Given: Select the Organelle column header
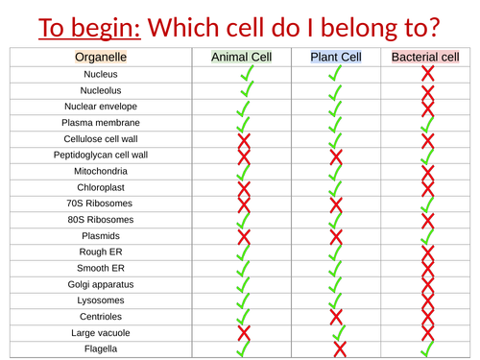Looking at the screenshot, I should pyautogui.click(x=101, y=57).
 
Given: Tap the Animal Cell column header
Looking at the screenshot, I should pyautogui.click(x=242, y=57).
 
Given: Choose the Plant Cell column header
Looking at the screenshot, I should pyautogui.click(x=335, y=57).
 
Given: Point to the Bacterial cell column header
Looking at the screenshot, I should pyautogui.click(x=426, y=57).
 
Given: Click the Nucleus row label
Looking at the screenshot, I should pyautogui.click(x=101, y=74).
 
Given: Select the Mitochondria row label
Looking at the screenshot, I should pyautogui.click(x=101, y=171).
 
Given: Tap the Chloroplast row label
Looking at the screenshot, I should pyautogui.click(x=101, y=187).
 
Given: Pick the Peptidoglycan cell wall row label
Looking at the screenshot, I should pyautogui.click(x=101, y=155).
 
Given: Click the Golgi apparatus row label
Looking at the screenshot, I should pyautogui.click(x=101, y=284).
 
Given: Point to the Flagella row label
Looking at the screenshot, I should pyautogui.click(x=101, y=348).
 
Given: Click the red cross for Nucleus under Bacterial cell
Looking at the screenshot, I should pyautogui.click(x=427, y=73).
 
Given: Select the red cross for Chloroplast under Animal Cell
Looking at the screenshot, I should pyautogui.click(x=243, y=188).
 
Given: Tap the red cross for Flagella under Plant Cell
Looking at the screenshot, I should pyautogui.click(x=339, y=349).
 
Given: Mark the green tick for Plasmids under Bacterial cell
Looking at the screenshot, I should pyautogui.click(x=427, y=236).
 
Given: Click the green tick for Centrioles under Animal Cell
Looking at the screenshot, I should pyautogui.click(x=243, y=316).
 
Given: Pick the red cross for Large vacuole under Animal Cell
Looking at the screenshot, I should pyautogui.click(x=243, y=333).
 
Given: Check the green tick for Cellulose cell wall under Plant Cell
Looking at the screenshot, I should pyautogui.click(x=335, y=138).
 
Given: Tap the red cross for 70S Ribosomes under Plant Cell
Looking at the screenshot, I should pyautogui.click(x=335, y=204).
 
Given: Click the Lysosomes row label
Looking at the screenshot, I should pyautogui.click(x=101, y=300).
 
